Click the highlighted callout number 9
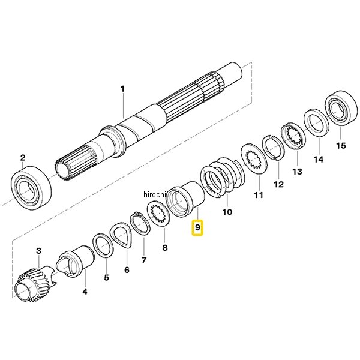[197, 227]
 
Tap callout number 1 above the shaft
[122, 89]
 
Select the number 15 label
[340, 146]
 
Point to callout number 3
[38, 251]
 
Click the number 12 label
[279, 184]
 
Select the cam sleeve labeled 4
[76, 260]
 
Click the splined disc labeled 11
[255, 159]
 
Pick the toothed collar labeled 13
[293, 136]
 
